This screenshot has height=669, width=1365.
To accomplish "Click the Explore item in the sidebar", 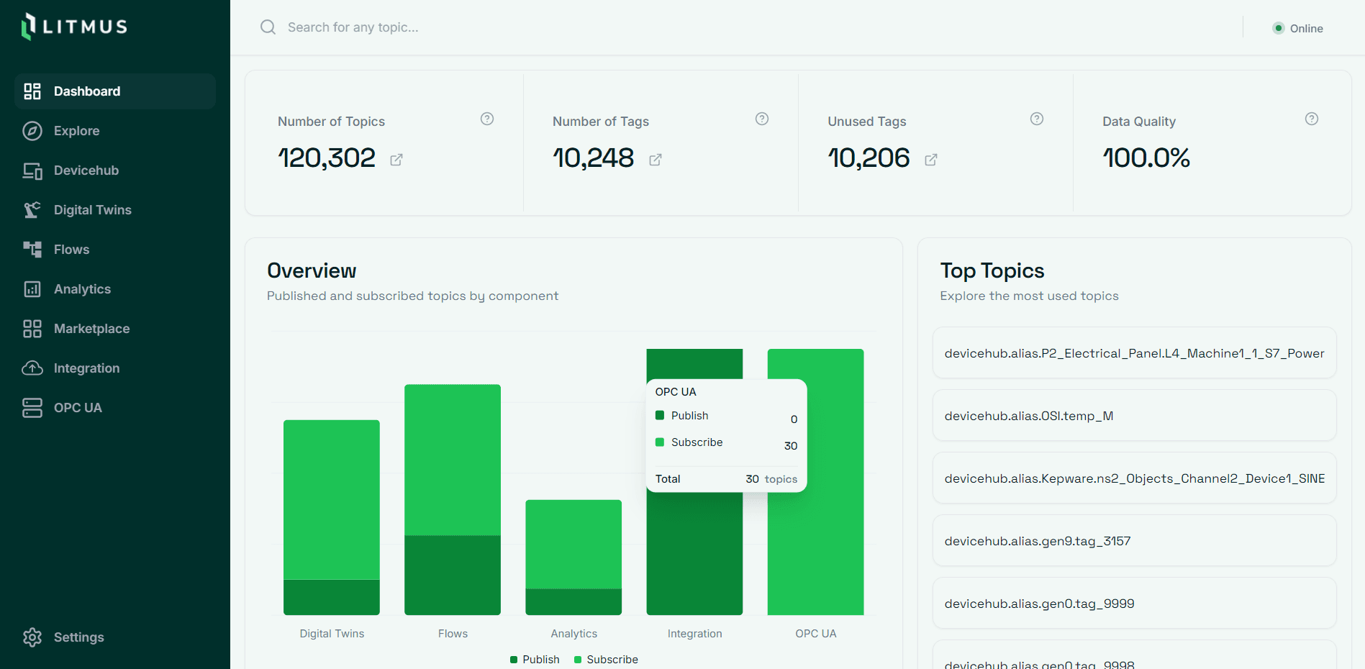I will [x=76, y=131].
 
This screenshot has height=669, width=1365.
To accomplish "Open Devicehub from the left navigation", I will [x=86, y=170].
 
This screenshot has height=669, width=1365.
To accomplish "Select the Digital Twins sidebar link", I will [x=92, y=210].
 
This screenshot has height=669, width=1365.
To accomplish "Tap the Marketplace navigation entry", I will [x=91, y=329].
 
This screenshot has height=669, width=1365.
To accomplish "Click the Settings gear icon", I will [x=32, y=637].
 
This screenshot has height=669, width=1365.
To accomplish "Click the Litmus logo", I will [x=75, y=27].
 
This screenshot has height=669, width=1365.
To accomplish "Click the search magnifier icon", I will [x=268, y=27].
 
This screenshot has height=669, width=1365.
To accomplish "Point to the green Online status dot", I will [x=1279, y=28].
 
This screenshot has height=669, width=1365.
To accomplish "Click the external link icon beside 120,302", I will [x=396, y=160].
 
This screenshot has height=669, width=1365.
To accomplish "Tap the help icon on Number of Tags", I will [x=762, y=119].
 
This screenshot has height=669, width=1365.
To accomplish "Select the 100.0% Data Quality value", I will [x=1146, y=158].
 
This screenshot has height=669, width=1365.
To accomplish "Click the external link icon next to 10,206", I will [x=931, y=160].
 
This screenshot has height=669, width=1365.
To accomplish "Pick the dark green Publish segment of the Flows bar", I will [x=453, y=575].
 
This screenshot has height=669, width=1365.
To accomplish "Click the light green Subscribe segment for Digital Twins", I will [x=332, y=499].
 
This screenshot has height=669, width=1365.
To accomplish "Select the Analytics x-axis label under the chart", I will [x=573, y=634].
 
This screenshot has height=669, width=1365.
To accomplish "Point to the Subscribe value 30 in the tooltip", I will [x=791, y=446].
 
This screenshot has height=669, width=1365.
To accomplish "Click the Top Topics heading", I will [x=992, y=271].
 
